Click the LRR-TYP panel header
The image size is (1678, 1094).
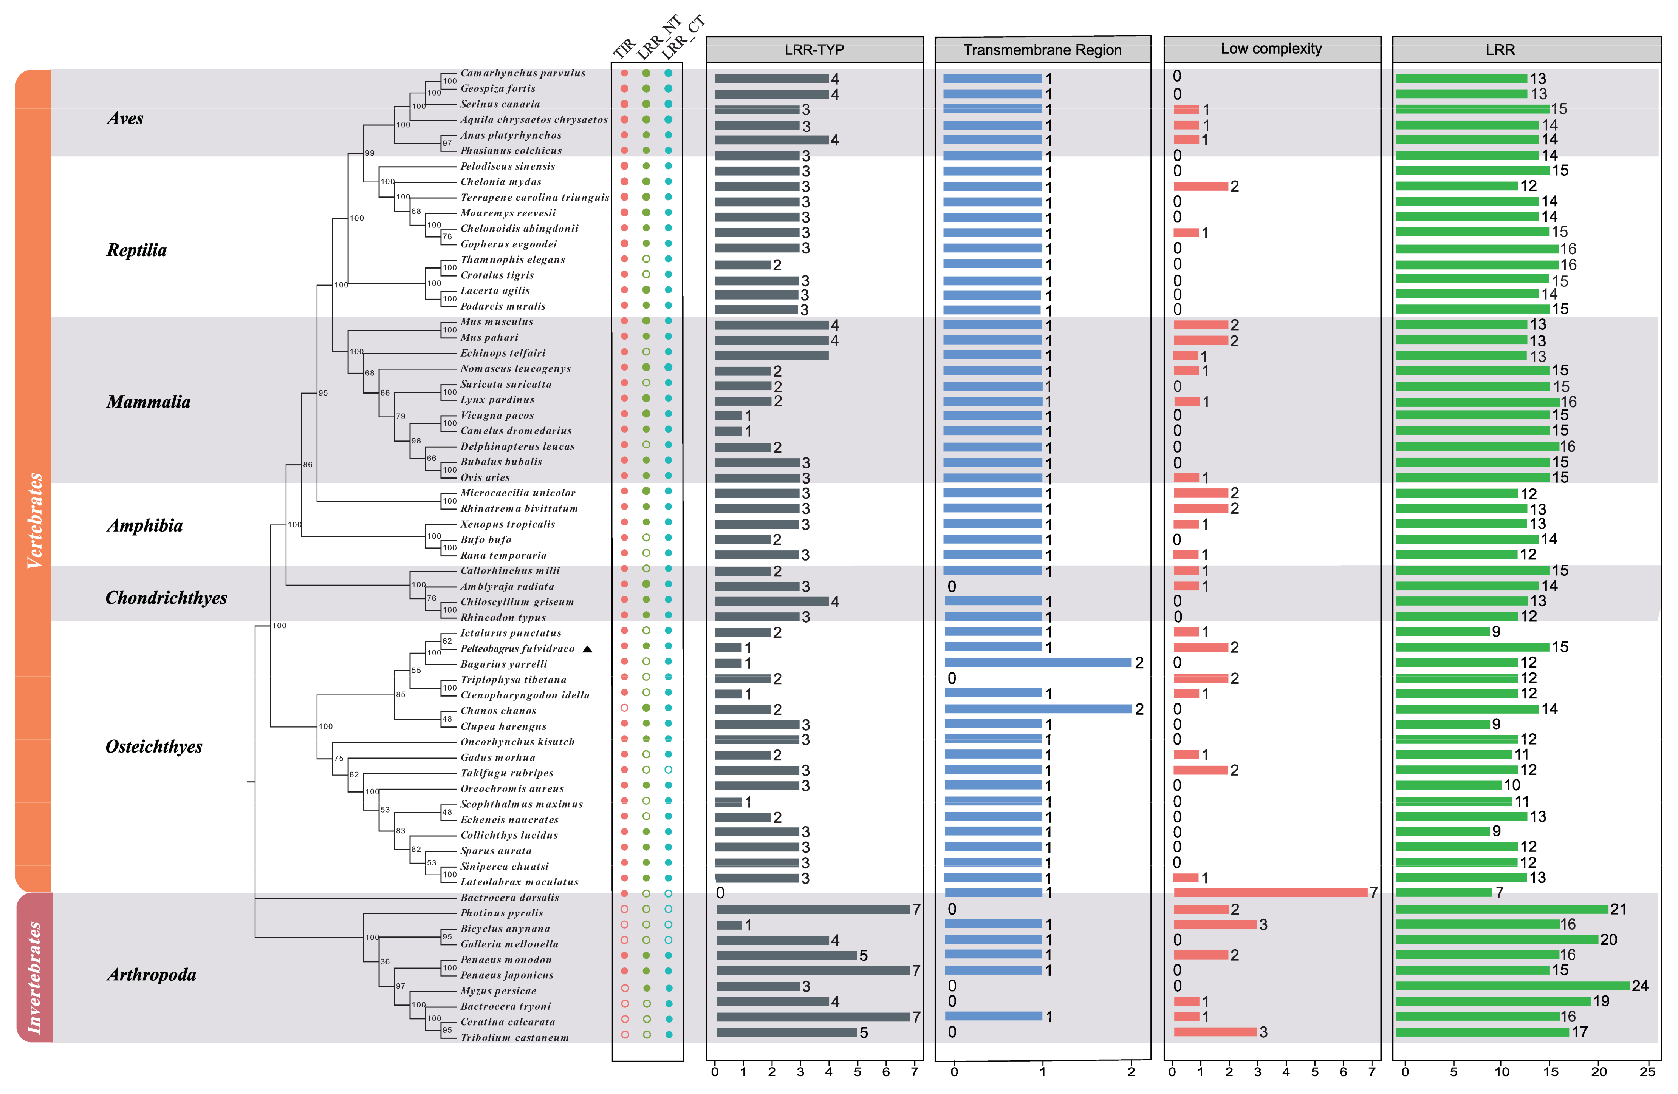pos(814,50)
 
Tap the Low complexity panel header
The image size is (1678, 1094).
pos(1271,49)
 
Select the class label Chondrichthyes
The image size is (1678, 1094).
pos(166,598)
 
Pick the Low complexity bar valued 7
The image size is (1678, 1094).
pos(1271,892)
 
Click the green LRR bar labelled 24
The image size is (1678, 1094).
pos(1512,986)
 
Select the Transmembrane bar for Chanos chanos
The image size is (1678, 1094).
pos(1038,708)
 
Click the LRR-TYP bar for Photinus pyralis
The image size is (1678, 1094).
pos(813,909)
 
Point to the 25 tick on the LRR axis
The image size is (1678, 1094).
pos(1647,1071)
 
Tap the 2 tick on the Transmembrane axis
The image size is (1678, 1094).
pos(1131,1071)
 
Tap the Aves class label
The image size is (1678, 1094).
pos(125,118)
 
